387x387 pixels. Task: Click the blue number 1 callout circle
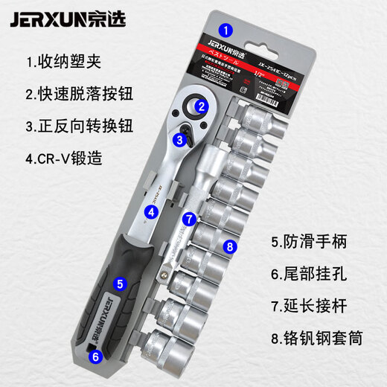coord(228,31)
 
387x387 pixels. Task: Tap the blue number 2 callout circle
coord(201,106)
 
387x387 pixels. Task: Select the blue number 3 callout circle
coord(180,138)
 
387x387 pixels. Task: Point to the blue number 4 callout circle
coord(151,211)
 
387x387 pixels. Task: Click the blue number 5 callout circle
coord(119,283)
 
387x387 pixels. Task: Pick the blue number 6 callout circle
coord(95,356)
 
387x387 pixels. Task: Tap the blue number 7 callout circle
coord(189,220)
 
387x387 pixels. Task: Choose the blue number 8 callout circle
coord(230,246)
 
